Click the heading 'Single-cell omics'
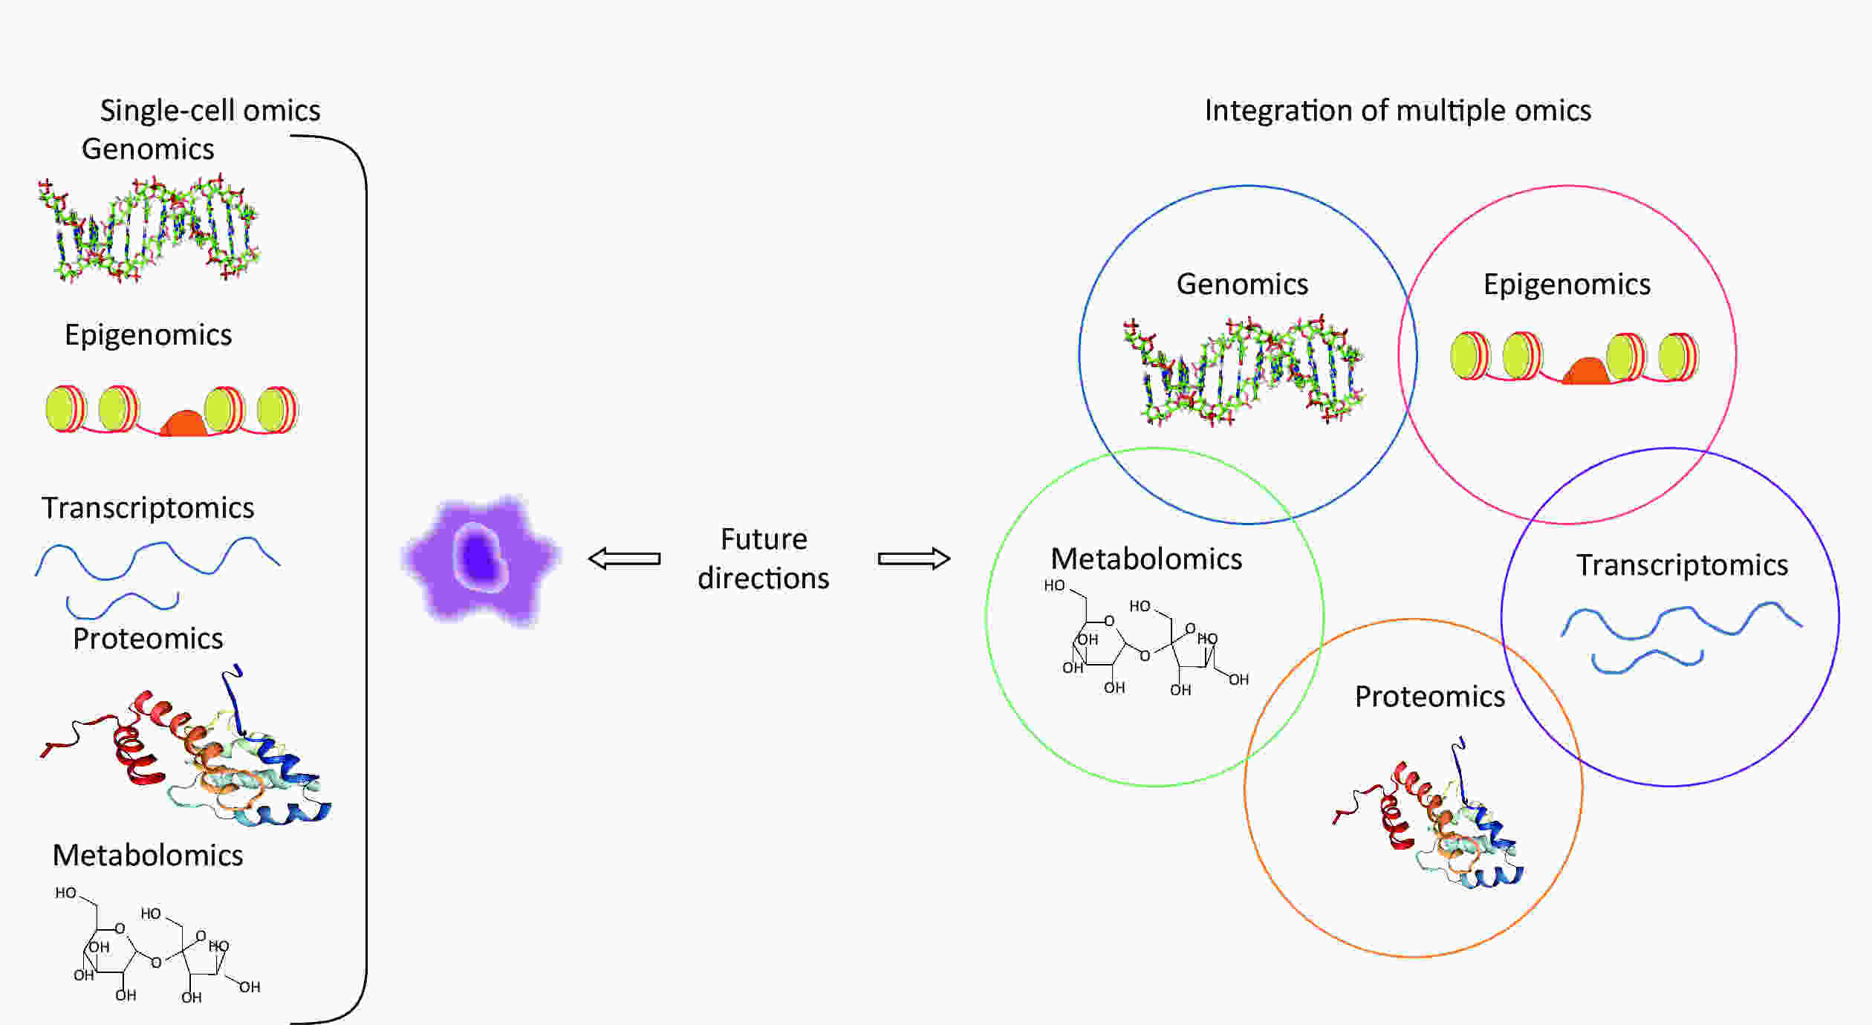[210, 111]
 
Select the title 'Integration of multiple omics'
[1397, 111]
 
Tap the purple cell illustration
[481, 559]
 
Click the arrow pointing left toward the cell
[624, 559]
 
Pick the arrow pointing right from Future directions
[914, 559]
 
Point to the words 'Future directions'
[764, 559]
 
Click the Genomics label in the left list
[148, 149]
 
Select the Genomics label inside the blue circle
[1242, 284]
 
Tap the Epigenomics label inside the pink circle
[1567, 285]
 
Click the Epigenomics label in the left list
[148, 336]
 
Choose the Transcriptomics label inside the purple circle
[1682, 566]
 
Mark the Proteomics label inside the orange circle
[1430, 697]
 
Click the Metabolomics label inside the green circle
[1146, 559]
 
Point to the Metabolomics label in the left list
[148, 856]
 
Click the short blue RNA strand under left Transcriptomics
[123, 605]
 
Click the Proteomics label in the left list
[148, 639]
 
